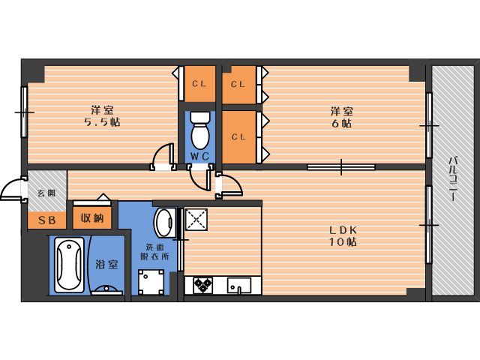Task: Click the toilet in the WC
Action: (x=200, y=130)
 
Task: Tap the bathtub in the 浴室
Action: (x=69, y=265)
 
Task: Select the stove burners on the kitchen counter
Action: (x=202, y=285)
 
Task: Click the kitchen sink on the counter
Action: (x=239, y=285)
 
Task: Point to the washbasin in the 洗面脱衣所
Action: (x=165, y=223)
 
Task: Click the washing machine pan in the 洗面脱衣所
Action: (x=151, y=282)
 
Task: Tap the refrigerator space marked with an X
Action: (x=196, y=220)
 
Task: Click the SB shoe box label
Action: (x=47, y=220)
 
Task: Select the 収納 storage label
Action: (x=92, y=218)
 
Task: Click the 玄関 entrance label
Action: (x=46, y=193)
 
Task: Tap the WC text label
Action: (x=199, y=157)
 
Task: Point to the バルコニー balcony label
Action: (x=453, y=179)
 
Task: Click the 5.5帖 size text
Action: (x=102, y=122)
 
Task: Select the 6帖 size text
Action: (x=341, y=124)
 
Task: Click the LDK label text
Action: (x=343, y=229)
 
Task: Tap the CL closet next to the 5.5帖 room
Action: (x=199, y=83)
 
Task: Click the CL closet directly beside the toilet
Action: (x=238, y=136)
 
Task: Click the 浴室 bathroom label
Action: (x=106, y=264)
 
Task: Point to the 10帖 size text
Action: (x=343, y=242)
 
